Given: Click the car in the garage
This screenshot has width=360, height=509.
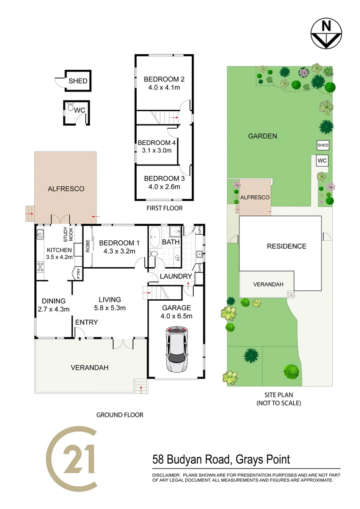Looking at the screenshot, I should click(x=176, y=351).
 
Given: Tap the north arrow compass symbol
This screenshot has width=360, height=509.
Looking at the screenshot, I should click(x=326, y=33).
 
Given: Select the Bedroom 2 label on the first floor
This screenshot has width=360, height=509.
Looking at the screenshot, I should click(x=164, y=79).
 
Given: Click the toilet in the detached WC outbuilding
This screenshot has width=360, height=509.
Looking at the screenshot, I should click(x=71, y=108).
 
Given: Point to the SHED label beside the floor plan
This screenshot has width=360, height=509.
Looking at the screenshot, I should click(x=78, y=81).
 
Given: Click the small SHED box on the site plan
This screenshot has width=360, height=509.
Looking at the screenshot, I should click(x=323, y=145).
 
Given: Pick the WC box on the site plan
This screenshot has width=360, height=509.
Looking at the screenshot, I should click(x=322, y=161).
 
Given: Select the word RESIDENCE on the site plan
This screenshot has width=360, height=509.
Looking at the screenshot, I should click(x=286, y=246).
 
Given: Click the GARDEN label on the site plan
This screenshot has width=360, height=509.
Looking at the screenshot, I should click(x=262, y=136).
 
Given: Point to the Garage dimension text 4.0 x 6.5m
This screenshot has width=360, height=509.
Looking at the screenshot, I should click(x=176, y=316).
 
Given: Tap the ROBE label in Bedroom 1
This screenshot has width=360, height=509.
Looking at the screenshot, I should click(x=88, y=246).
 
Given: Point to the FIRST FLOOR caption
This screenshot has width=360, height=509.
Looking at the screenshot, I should click(x=165, y=208).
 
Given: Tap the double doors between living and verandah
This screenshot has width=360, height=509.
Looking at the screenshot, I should click(x=123, y=344).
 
